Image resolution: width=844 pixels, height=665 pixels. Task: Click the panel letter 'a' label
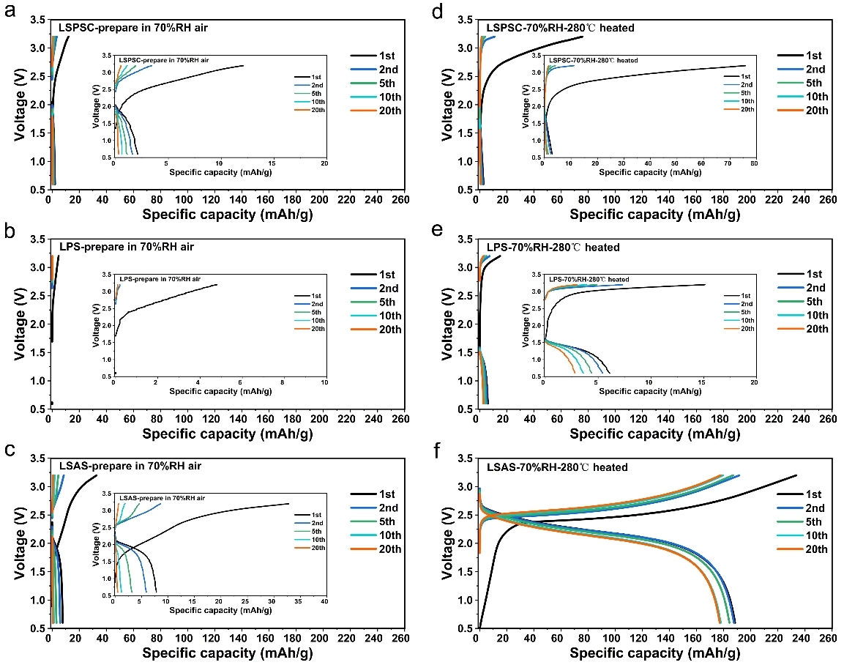click(10, 12)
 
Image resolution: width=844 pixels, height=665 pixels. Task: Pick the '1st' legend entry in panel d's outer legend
click(813, 56)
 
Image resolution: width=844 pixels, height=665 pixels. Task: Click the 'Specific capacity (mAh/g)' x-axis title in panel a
click(228, 214)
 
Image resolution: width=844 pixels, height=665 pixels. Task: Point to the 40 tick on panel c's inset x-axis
click(324, 601)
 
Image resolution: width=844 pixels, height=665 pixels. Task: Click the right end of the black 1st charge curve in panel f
click(796, 475)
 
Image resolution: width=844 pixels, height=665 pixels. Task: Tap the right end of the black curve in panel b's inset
click(217, 284)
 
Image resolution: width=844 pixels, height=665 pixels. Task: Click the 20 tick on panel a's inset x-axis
click(324, 163)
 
